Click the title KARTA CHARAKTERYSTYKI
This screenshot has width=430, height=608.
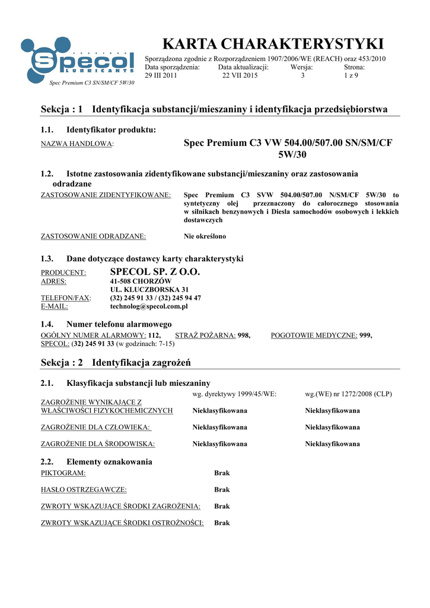click(273, 44)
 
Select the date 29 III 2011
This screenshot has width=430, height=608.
click(161, 76)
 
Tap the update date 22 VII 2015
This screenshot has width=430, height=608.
click(240, 76)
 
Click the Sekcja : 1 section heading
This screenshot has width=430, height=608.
click(214, 109)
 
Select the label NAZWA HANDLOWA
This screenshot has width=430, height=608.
click(77, 144)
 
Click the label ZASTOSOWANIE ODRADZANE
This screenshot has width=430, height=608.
click(93, 236)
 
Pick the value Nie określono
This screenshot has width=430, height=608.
click(205, 236)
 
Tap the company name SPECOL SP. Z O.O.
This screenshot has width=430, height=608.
click(155, 272)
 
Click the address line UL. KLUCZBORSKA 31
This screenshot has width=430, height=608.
click(149, 290)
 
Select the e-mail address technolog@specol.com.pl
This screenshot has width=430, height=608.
click(149, 306)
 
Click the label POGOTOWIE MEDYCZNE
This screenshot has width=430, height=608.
click(314, 335)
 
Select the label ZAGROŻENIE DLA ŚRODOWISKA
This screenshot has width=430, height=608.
click(98, 444)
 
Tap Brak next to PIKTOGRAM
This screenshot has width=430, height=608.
click(222, 473)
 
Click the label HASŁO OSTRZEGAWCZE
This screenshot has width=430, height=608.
click(84, 490)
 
